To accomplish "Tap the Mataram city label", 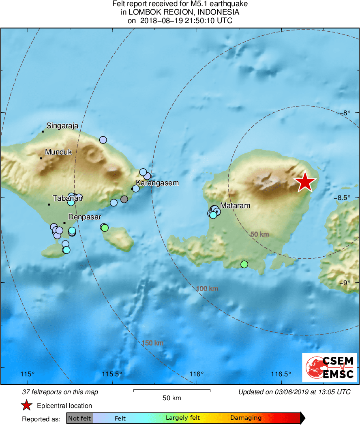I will click(x=235, y=206).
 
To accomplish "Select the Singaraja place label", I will click(x=62, y=126).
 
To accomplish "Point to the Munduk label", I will click(x=58, y=152).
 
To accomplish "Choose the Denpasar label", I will click(x=84, y=217).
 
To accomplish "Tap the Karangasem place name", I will click(x=157, y=183).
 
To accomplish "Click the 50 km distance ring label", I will click(x=259, y=234).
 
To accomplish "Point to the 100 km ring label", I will click(x=207, y=289).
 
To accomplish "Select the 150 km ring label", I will click(x=152, y=343).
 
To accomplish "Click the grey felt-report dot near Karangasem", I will click(x=124, y=199).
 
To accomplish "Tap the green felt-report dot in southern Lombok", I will click(x=244, y=264).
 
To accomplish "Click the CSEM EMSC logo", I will click(x=329, y=367).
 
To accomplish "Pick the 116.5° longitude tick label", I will click(x=282, y=374).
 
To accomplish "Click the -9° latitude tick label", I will click(x=346, y=283).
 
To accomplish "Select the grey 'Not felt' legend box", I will click(x=80, y=418).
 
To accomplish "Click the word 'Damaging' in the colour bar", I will click(x=246, y=418).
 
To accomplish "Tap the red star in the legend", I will click(x=27, y=405).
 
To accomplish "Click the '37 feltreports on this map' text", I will click(x=60, y=392).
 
